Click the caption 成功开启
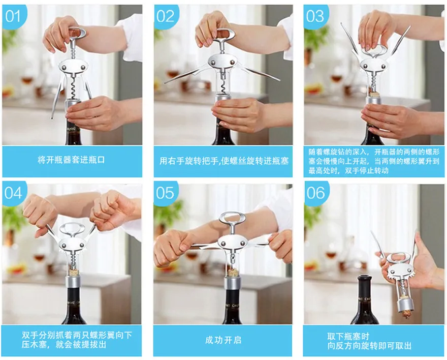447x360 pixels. click(223, 340)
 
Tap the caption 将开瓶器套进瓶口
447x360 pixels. click(71, 160)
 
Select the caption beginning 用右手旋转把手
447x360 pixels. click(224, 161)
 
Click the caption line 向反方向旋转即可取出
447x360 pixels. click(369, 346)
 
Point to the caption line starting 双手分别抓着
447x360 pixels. click(77, 335)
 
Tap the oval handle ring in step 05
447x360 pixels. click(232, 218)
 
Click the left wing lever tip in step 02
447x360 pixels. click(166, 82)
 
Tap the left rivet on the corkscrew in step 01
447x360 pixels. click(64, 68)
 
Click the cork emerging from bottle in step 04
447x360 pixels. click(74, 272)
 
